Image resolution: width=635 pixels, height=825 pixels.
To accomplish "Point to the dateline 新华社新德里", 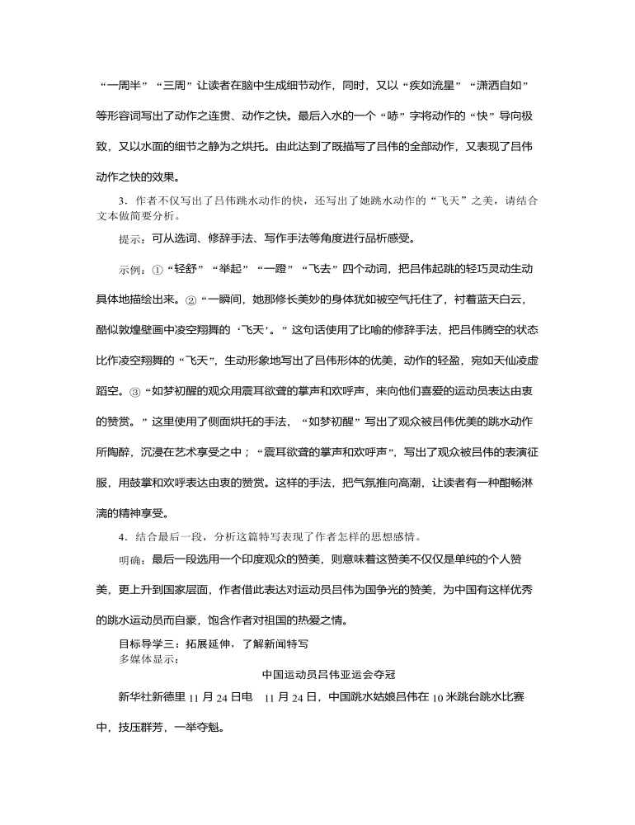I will pyautogui.click(x=154, y=697).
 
